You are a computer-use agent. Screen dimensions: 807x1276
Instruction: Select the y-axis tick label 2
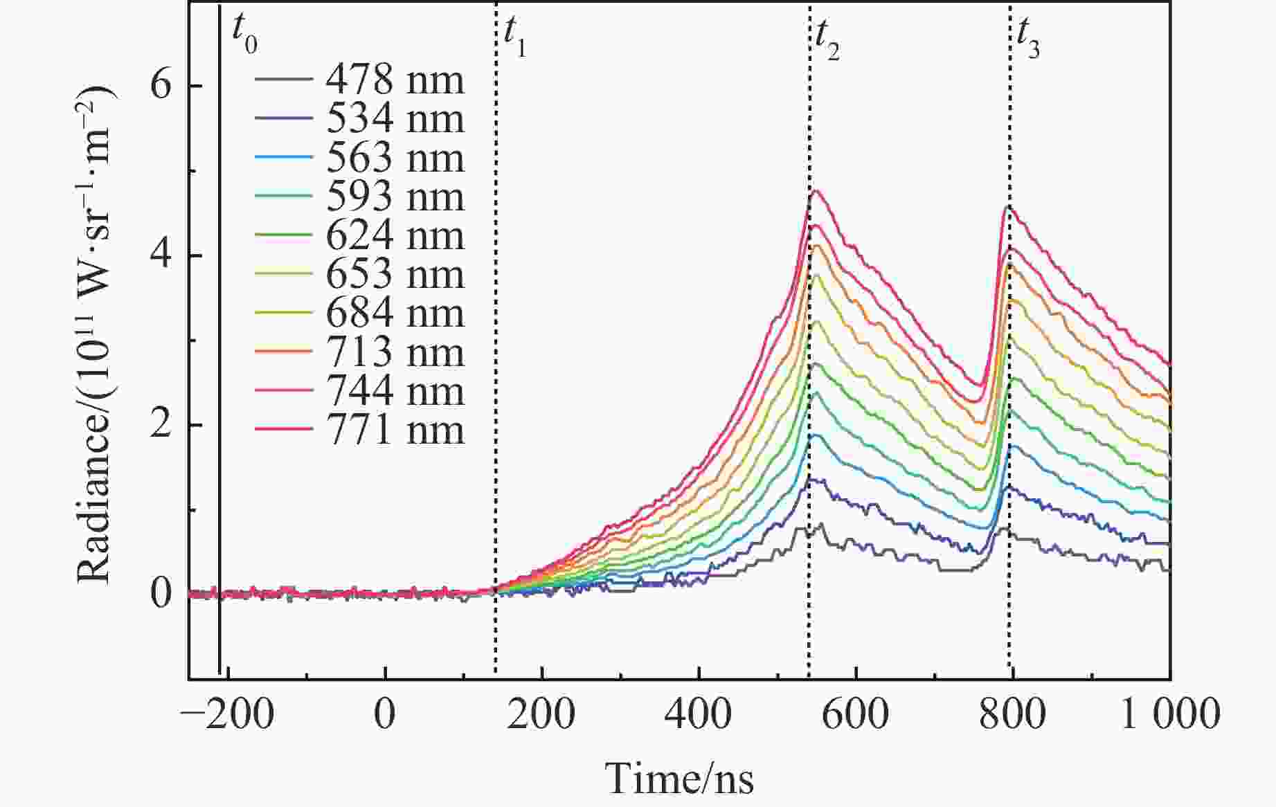coord(161,424)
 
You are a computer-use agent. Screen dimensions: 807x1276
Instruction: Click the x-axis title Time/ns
coord(679,779)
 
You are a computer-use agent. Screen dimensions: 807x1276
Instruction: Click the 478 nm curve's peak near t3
coord(1004,529)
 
